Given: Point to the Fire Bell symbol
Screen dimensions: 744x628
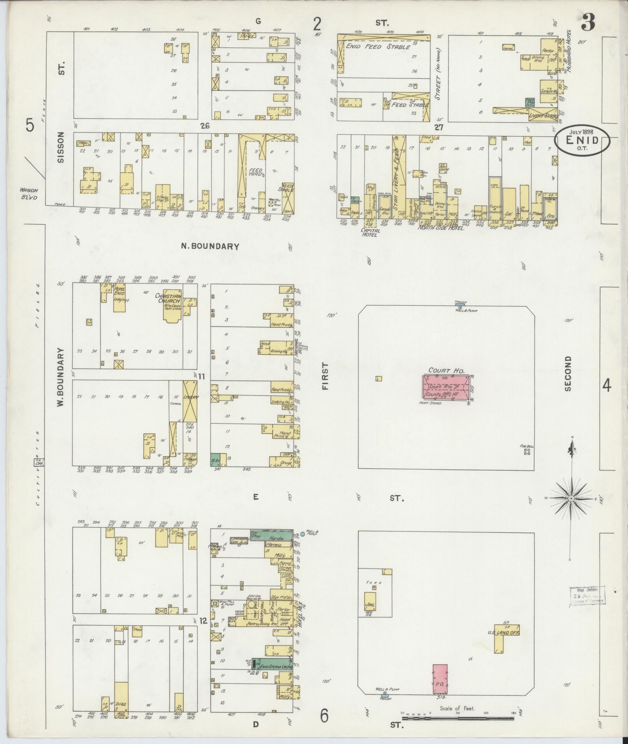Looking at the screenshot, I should [x=528, y=452].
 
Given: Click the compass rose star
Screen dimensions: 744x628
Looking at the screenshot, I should [x=571, y=498].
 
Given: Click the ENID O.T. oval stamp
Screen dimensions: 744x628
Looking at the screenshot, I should [x=582, y=142].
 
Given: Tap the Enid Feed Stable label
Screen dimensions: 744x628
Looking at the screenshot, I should [x=378, y=47].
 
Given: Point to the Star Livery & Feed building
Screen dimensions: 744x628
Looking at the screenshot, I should [x=399, y=179].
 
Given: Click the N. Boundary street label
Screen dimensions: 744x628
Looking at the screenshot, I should [x=215, y=246].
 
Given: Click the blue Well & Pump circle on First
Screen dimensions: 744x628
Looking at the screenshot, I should [x=302, y=534].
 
